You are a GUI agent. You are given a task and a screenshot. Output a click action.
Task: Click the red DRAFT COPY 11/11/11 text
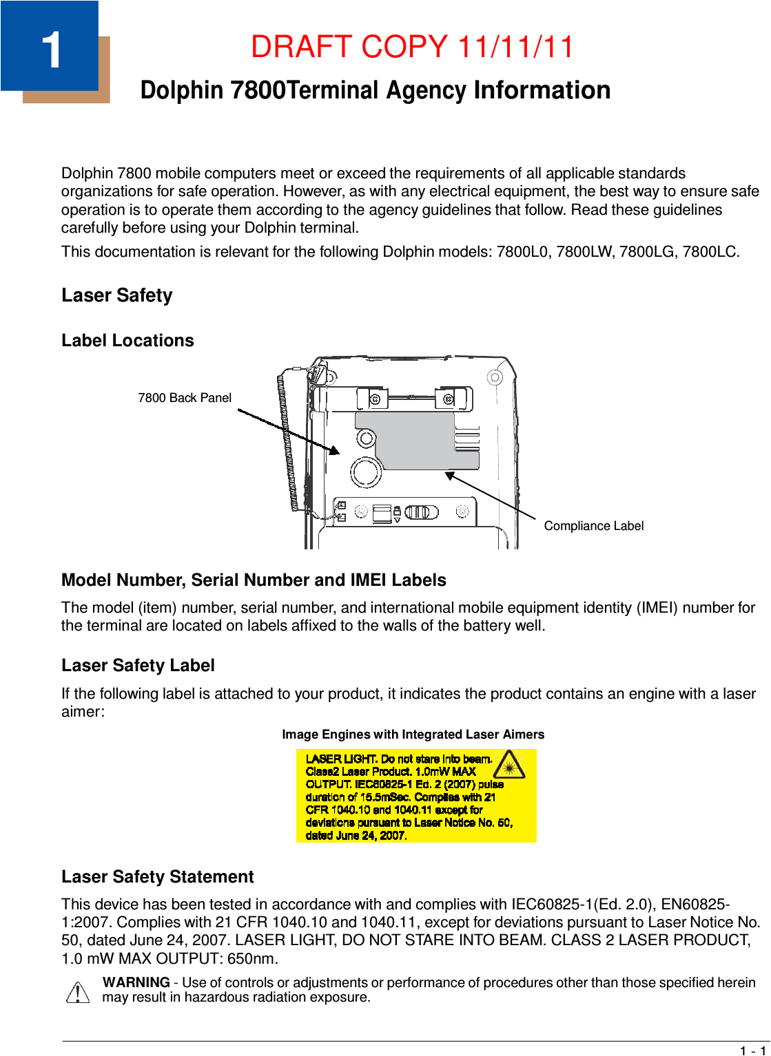(x=412, y=47)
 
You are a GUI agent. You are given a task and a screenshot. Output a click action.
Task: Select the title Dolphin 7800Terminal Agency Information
(x=375, y=90)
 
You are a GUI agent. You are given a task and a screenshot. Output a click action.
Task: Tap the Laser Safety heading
(x=116, y=295)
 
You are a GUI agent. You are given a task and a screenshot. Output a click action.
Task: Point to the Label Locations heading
(x=127, y=341)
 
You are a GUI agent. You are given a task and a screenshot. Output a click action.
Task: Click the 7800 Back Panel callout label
(x=184, y=398)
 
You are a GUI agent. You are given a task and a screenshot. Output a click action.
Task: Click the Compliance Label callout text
(x=593, y=526)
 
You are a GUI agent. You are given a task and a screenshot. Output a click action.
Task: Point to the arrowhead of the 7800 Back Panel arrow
(x=335, y=450)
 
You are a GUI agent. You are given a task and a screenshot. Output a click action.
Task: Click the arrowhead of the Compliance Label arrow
(x=450, y=475)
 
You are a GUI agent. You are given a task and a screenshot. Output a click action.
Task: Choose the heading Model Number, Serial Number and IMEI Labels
(x=254, y=580)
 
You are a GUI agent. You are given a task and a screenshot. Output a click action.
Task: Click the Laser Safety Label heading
(x=138, y=666)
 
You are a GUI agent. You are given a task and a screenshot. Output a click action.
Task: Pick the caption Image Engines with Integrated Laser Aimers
(x=413, y=735)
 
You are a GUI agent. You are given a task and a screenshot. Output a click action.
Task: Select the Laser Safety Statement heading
(x=157, y=877)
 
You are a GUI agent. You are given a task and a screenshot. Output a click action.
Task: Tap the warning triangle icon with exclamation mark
(x=79, y=992)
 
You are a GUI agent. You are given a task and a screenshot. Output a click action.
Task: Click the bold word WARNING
(x=136, y=982)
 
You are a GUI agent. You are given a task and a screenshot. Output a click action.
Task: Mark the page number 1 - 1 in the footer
(x=752, y=1050)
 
